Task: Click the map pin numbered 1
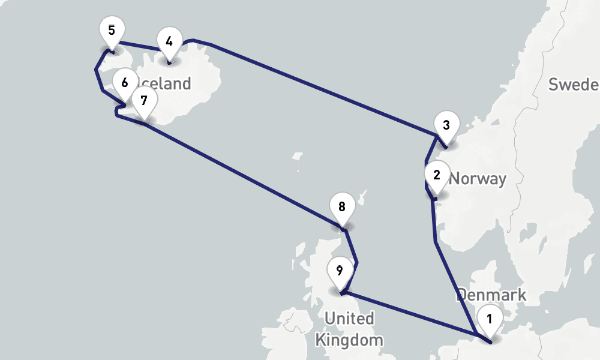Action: click(x=490, y=320)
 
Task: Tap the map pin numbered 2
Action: click(x=436, y=176)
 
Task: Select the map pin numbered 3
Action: click(x=446, y=126)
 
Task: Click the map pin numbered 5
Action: click(x=112, y=31)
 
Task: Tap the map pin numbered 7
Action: click(x=143, y=100)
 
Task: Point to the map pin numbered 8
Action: click(x=342, y=208)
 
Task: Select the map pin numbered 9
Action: click(x=340, y=271)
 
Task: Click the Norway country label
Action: click(x=478, y=178)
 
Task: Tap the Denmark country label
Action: click(x=491, y=295)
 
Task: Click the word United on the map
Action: click(x=349, y=318)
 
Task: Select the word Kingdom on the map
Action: click(x=349, y=340)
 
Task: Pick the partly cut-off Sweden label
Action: click(x=573, y=84)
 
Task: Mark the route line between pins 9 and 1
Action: click(x=408, y=313)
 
